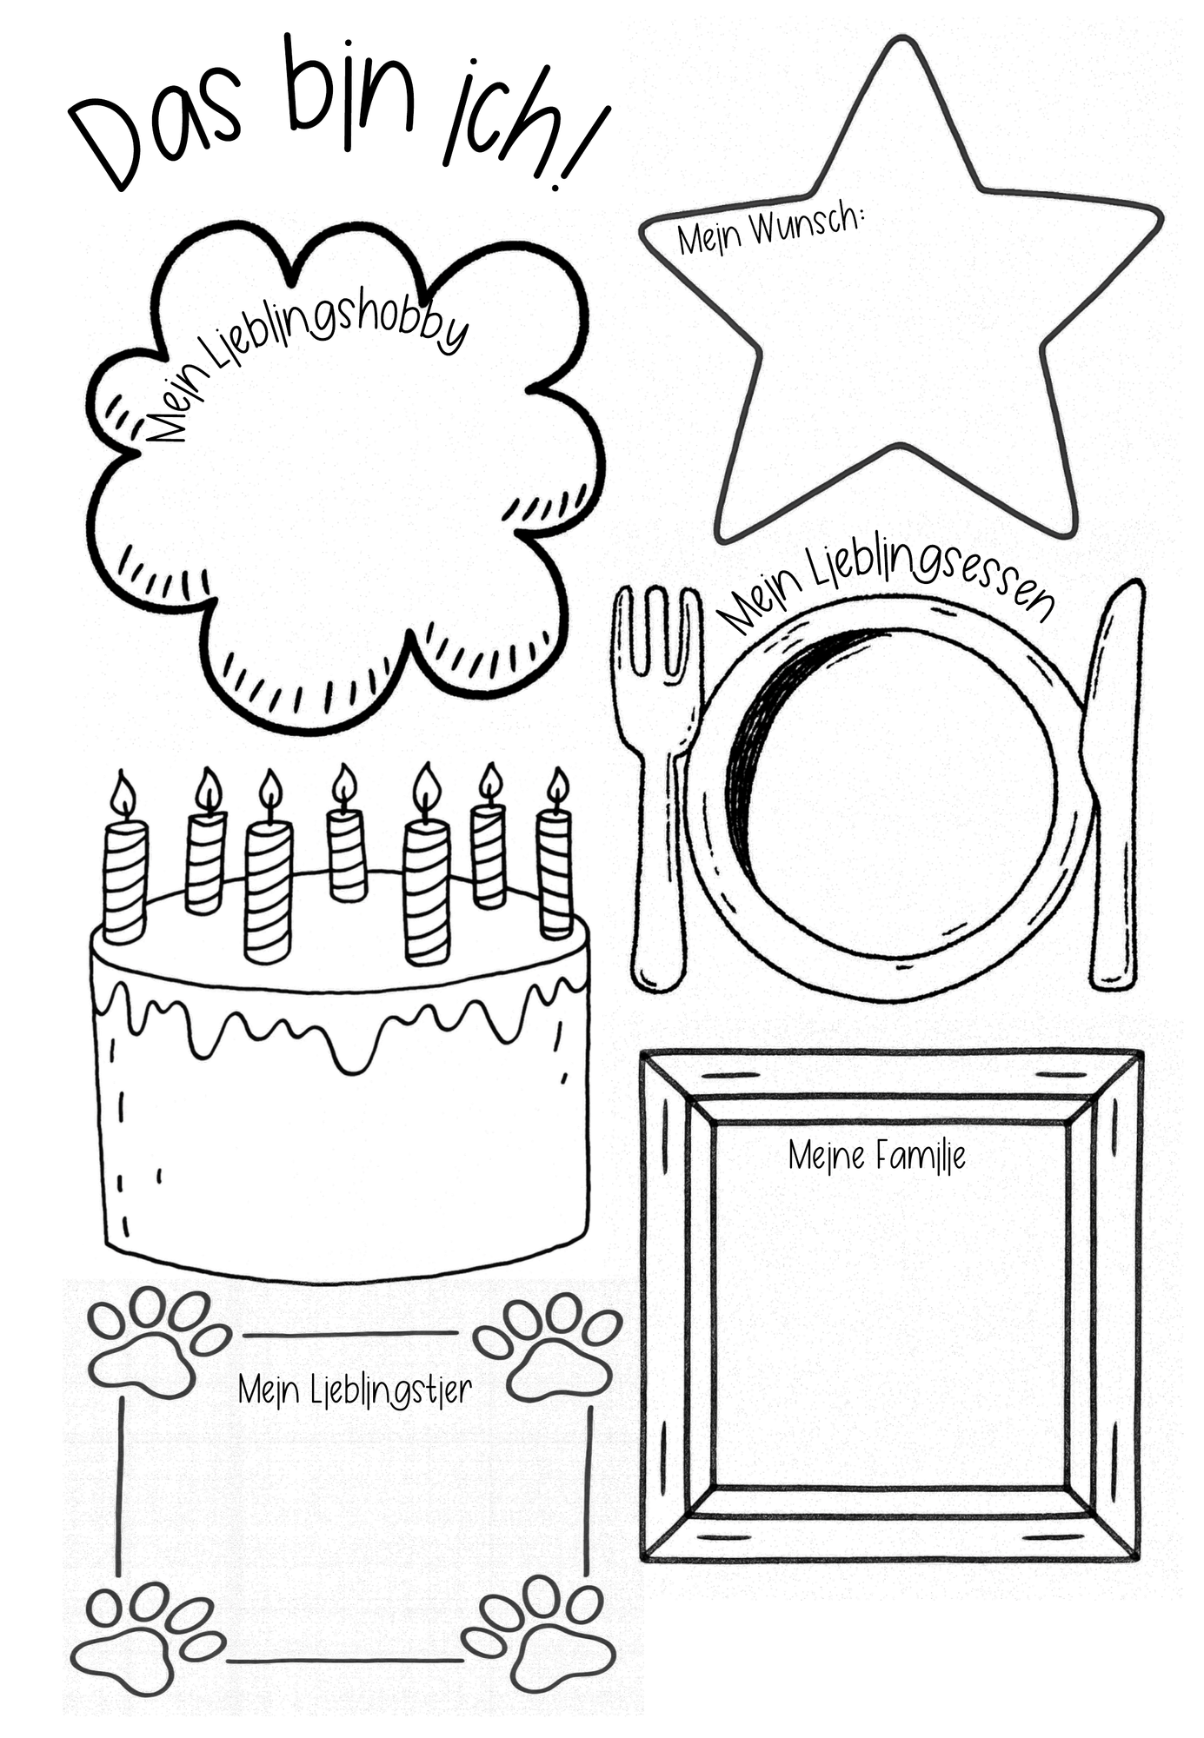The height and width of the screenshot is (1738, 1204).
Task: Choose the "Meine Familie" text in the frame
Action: coord(877,1156)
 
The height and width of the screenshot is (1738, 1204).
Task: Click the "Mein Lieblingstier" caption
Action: coord(355,1390)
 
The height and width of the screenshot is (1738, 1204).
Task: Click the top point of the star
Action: coord(905,39)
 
